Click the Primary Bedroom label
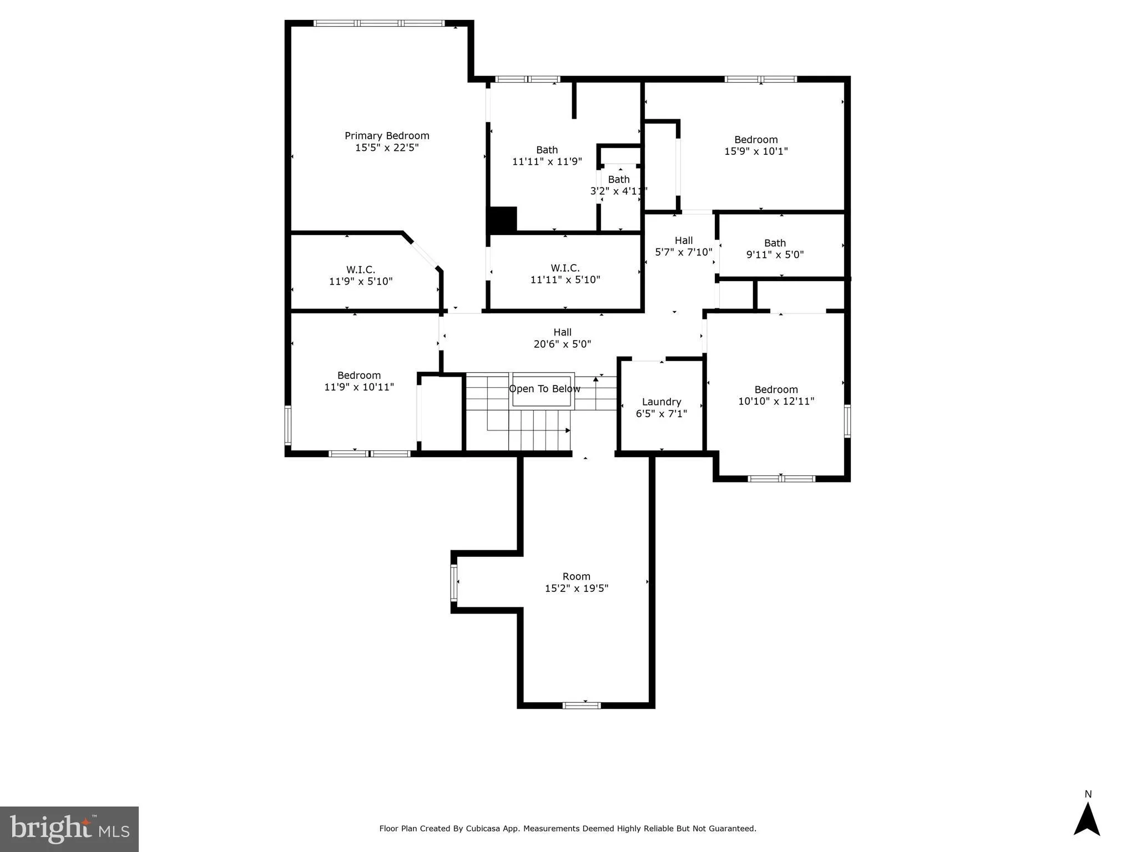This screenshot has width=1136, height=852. pyautogui.click(x=387, y=136)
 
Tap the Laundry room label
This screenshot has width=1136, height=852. pyautogui.click(x=661, y=402)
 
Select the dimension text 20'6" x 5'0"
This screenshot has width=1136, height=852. pyautogui.click(x=562, y=344)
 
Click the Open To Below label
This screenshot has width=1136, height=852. pyautogui.click(x=544, y=389)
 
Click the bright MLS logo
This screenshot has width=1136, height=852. pyautogui.click(x=69, y=829)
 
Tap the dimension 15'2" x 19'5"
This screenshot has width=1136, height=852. pyautogui.click(x=576, y=589)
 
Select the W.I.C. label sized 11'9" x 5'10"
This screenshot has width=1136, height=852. pyautogui.click(x=361, y=270)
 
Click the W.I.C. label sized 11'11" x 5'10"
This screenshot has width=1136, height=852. pyautogui.click(x=565, y=268)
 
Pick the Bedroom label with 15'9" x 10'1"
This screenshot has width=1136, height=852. pyautogui.click(x=756, y=140)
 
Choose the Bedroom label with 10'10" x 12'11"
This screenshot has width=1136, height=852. pyautogui.click(x=776, y=390)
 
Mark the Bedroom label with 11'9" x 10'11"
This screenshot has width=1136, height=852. pyautogui.click(x=359, y=376)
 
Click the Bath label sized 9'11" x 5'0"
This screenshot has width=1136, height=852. pyautogui.click(x=775, y=243)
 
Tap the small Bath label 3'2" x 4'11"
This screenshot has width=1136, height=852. pyautogui.click(x=619, y=180)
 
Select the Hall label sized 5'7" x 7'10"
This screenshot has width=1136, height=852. pyautogui.click(x=683, y=241)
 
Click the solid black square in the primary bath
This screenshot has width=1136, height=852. pyautogui.click(x=503, y=219)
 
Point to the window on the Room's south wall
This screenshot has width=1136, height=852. pyautogui.click(x=581, y=705)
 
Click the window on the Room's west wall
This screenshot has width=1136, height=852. pyautogui.click(x=454, y=582)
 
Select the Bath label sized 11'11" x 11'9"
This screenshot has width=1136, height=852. pyautogui.click(x=547, y=150)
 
